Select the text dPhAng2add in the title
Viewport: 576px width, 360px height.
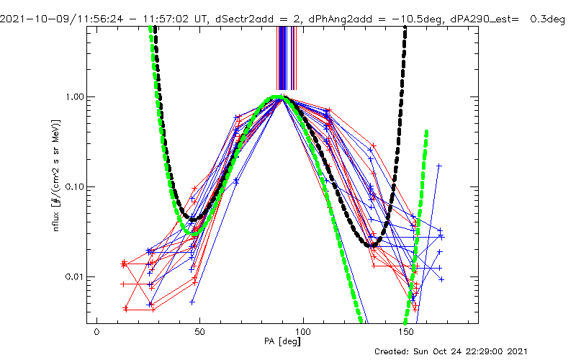click(x=336, y=6)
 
